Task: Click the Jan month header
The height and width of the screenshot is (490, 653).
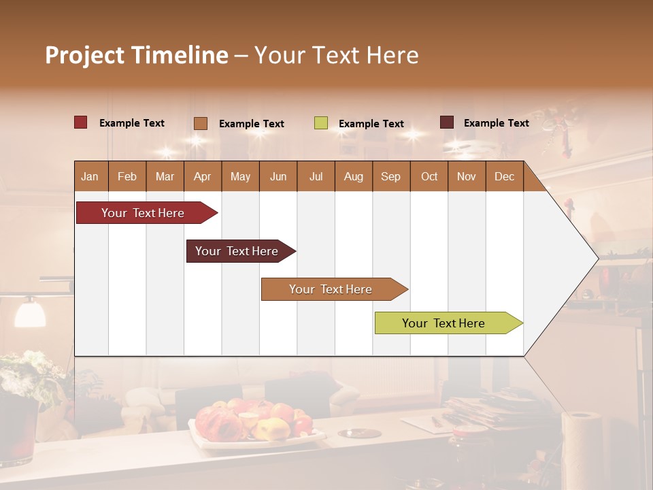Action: (x=90, y=177)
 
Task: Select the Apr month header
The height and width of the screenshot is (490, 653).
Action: (x=202, y=177)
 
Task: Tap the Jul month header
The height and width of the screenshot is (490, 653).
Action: (x=316, y=177)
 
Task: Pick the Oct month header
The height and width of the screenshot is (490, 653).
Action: (x=429, y=177)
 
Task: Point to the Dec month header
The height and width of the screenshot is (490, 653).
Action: (x=504, y=177)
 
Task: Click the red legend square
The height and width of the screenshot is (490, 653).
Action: (x=80, y=122)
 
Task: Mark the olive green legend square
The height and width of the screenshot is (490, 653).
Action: (x=320, y=123)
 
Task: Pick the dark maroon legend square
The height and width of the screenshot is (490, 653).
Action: (x=446, y=122)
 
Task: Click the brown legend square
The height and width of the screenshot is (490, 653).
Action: (x=201, y=123)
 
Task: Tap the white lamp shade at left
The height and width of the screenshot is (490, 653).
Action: (x=30, y=314)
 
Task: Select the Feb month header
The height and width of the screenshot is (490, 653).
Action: (x=127, y=177)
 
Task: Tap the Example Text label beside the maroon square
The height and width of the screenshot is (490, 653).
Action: (x=496, y=123)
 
